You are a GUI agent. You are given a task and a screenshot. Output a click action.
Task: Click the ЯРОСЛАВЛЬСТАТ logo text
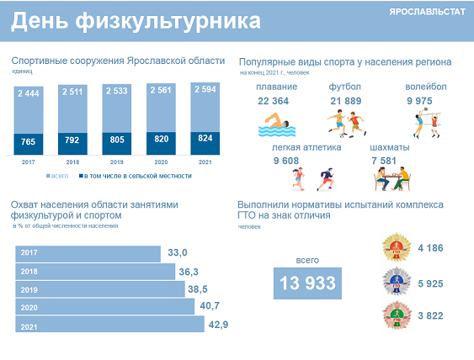click(427, 12)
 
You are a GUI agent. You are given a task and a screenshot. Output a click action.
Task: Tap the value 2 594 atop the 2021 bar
click(205, 89)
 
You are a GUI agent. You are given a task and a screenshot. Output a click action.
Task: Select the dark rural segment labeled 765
click(29, 144)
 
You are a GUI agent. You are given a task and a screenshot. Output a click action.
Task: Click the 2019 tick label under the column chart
click(117, 161)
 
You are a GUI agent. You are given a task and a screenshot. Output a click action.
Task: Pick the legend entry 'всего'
click(57, 176)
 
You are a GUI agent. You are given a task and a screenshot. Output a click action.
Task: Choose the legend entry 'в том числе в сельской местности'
click(135, 176)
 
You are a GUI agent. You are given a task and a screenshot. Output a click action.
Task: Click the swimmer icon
click(277, 124)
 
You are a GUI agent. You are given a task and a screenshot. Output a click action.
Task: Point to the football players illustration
click(346, 124)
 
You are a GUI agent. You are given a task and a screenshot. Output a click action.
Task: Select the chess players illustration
click(392, 178)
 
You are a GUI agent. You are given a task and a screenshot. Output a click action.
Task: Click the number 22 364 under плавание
click(274, 101)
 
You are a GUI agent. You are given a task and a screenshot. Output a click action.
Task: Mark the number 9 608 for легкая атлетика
click(286, 161)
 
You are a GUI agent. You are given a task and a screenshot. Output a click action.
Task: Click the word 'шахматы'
click(390, 147)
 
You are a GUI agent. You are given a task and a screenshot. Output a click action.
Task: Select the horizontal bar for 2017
click(88, 254)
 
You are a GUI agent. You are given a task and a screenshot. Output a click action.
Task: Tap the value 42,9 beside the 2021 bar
click(218, 325)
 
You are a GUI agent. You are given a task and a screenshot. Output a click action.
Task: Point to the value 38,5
click(198, 289)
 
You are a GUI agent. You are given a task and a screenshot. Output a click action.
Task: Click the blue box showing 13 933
click(307, 283)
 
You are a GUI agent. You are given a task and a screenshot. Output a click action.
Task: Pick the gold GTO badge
click(397, 247)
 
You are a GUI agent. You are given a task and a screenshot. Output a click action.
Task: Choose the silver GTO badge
click(397, 281)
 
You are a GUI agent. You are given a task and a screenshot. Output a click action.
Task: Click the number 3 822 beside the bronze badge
click(430, 315)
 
